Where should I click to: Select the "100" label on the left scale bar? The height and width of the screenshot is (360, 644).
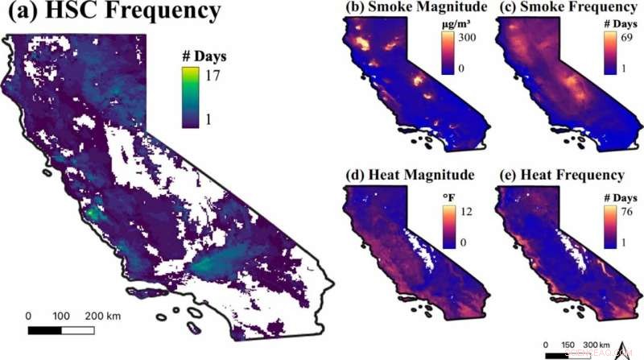point(62,316)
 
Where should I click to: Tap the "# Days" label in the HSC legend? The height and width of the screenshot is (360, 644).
point(200,56)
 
